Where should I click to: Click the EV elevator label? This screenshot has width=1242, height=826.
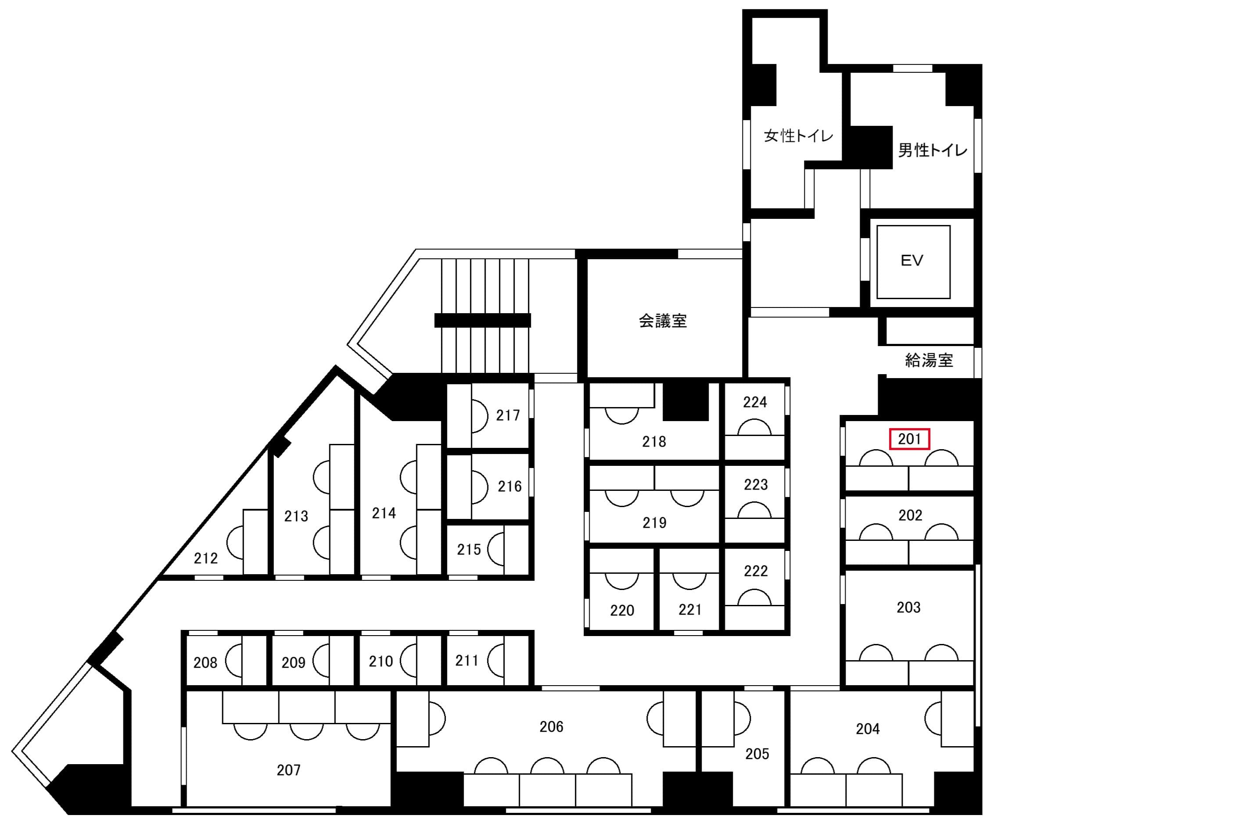point(912,261)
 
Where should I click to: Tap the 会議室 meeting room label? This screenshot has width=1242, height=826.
point(662,321)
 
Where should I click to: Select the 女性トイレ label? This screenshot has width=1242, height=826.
point(798,136)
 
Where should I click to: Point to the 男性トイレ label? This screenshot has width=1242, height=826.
point(932,150)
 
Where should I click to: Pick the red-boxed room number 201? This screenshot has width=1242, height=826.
point(909,439)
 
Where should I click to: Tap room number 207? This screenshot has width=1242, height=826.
point(288,770)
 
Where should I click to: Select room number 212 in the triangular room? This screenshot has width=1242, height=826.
point(205,558)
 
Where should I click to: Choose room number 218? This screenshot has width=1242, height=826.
point(653,441)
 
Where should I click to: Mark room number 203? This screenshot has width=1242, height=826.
point(908,608)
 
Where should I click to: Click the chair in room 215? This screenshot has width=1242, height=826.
point(496,549)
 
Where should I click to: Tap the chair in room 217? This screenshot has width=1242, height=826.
point(480,416)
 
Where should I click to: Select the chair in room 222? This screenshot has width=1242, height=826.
point(754,597)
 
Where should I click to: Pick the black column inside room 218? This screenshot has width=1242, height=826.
point(685,401)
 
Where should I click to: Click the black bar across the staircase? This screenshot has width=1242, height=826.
point(482,320)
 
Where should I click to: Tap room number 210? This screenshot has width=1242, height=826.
point(380,661)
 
